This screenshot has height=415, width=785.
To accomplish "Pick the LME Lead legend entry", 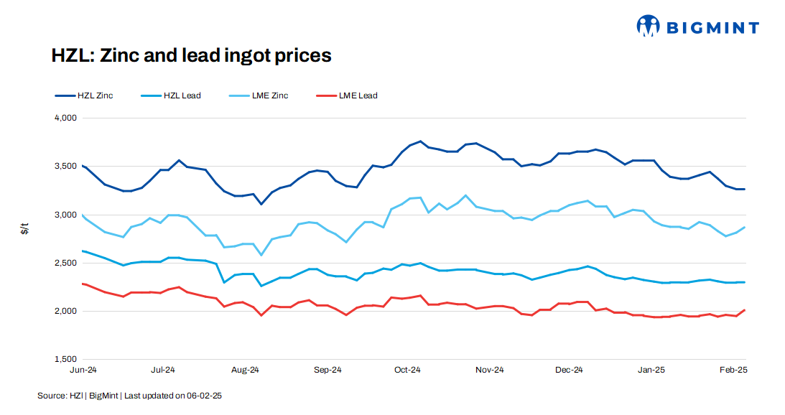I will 358,95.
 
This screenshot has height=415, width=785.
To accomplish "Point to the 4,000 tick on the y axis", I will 65,118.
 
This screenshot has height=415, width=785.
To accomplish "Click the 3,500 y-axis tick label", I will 65,166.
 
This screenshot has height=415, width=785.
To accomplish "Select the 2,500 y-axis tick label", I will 65,263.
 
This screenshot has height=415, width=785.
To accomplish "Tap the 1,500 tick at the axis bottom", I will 65,359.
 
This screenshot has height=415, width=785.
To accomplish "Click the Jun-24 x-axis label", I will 83,370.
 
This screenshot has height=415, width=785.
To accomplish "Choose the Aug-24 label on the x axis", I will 245,370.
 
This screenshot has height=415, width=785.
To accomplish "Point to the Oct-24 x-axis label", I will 407,370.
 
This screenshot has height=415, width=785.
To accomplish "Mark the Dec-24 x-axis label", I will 569,370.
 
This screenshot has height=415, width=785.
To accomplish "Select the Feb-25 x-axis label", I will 733,370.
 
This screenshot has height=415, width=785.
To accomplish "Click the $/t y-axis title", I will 26,230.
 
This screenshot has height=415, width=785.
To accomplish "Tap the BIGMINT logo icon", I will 648,27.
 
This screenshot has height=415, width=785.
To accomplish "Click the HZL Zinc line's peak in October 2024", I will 420,141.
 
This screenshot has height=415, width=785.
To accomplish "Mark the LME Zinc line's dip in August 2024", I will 261,255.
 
